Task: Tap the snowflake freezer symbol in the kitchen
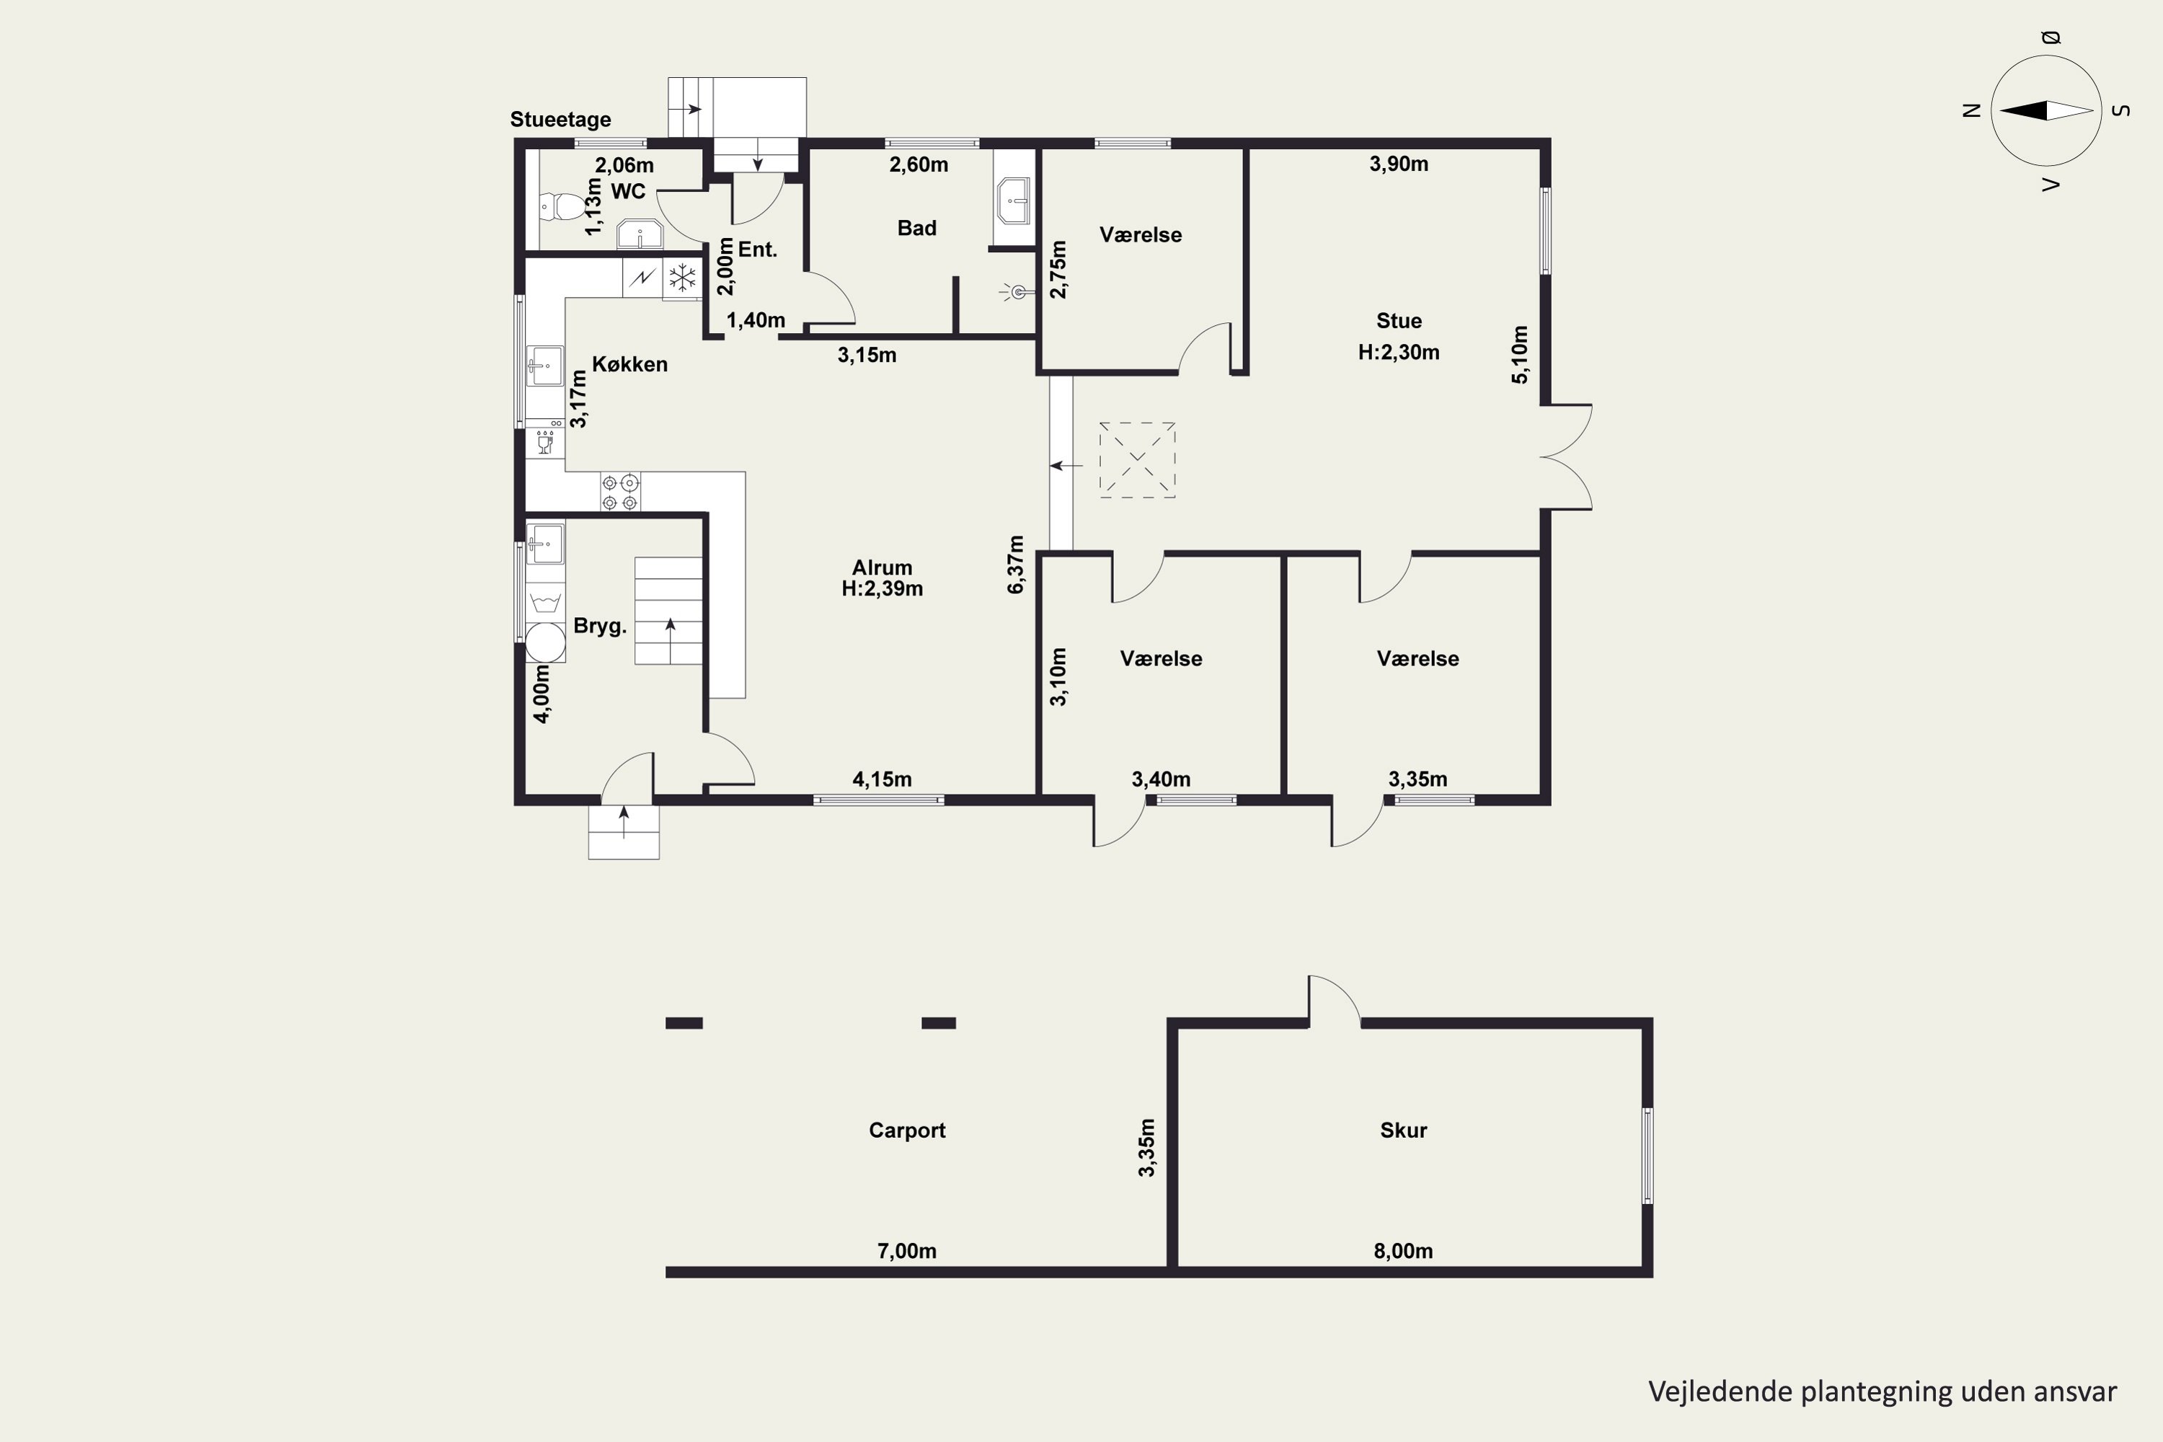coord(682,277)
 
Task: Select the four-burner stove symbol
coord(620,492)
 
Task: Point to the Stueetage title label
coord(561,120)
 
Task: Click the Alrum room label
coord(882,567)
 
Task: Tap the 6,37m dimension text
coord(1015,565)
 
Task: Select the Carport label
coord(907,1131)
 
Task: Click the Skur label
coord(1403,1131)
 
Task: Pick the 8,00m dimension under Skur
coord(1403,1251)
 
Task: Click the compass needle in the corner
coord(2046,110)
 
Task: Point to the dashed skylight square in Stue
coord(1138,460)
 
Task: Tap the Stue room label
coord(1399,321)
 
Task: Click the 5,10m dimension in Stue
coord(1520,354)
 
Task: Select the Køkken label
coord(630,364)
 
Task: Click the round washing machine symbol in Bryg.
coord(544,642)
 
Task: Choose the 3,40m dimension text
coord(1161,779)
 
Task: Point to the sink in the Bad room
coord(1014,200)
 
